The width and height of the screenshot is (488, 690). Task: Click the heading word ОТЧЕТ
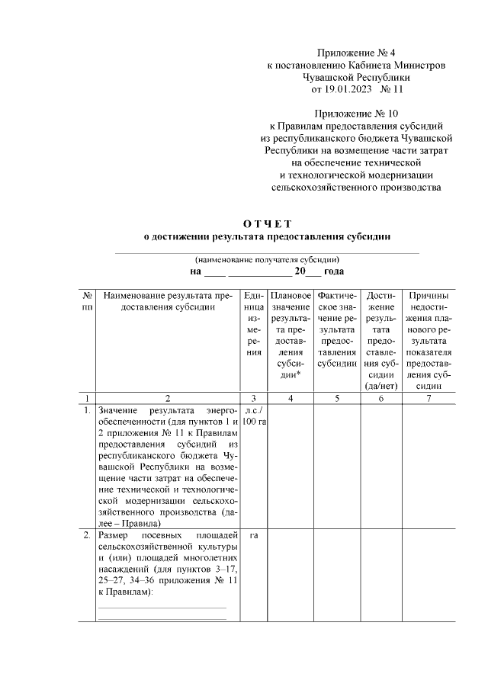coord(267,223)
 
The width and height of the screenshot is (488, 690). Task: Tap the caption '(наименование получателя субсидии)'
coord(266,259)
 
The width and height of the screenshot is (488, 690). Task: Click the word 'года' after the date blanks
coord(333,271)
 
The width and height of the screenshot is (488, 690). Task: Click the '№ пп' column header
coord(88,301)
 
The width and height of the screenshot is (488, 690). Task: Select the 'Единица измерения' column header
coord(254,323)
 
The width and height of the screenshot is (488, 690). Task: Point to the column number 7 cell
coord(428,398)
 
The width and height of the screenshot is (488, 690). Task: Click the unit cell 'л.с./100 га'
coord(254,416)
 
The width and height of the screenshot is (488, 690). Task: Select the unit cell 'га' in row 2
coord(254,536)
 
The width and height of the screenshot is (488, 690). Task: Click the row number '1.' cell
coord(88,411)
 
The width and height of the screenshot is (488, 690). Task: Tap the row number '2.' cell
coord(88,536)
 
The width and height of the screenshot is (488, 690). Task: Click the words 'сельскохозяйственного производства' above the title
coord(356,187)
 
